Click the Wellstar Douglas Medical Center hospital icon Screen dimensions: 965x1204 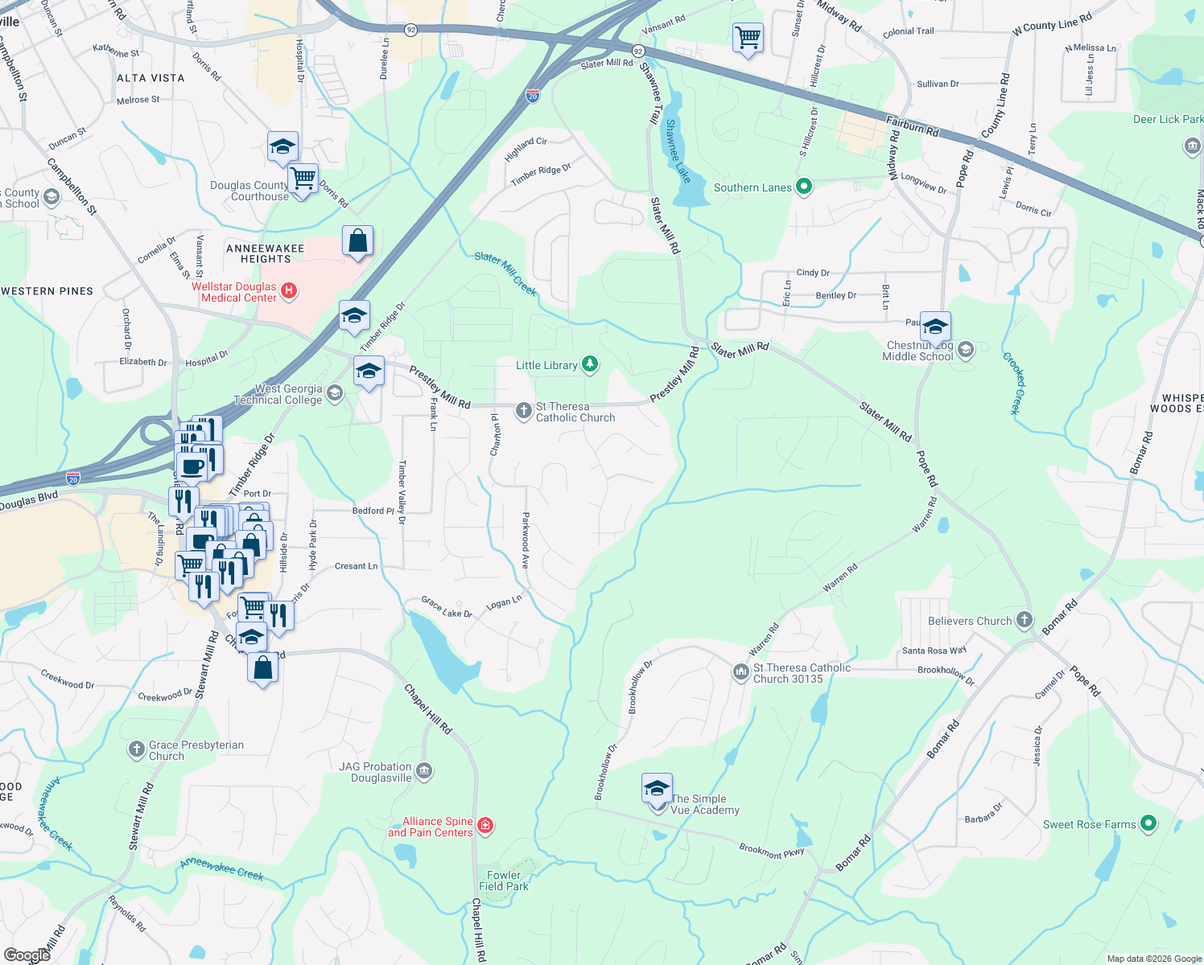(x=289, y=289)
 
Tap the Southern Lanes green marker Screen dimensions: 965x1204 (x=803, y=187)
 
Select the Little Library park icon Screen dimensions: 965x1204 (x=590, y=364)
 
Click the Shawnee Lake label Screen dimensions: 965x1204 (x=678, y=151)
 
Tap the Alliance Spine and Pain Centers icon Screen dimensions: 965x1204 (x=484, y=825)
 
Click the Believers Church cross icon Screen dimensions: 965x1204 (x=1024, y=619)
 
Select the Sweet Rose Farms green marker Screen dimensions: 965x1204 (x=1148, y=823)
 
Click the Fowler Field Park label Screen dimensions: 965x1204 (x=504, y=881)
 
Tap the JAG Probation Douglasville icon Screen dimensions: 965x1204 (x=424, y=771)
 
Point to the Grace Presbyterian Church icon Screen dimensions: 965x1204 (x=136, y=749)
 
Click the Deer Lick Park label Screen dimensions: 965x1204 (x=1168, y=119)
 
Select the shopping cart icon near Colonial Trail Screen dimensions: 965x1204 (x=748, y=37)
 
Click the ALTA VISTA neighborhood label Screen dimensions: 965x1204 (x=150, y=78)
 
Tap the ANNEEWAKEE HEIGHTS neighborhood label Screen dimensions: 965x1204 (x=265, y=253)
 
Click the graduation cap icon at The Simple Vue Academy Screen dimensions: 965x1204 (x=657, y=787)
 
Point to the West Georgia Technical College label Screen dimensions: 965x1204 (x=278, y=394)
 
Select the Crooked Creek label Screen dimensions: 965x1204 (x=1016, y=384)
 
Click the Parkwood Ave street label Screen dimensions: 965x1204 (x=526, y=540)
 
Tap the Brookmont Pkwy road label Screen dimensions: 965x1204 (x=771, y=850)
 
